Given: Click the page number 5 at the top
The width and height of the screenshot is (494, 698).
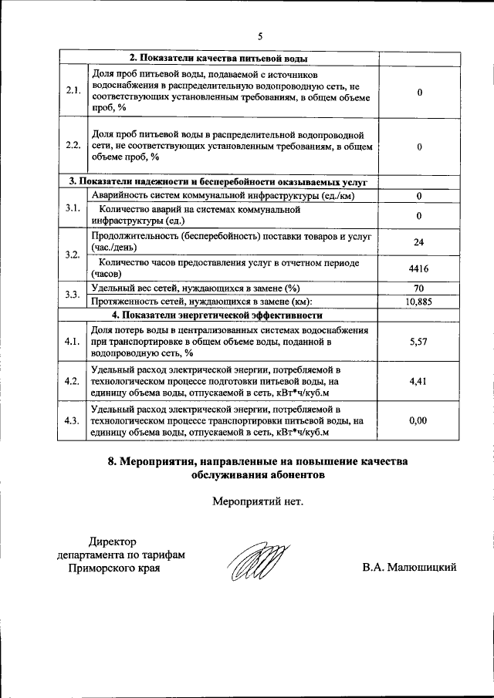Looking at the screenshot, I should (260, 36).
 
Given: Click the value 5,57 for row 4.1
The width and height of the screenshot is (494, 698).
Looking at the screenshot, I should (418, 340).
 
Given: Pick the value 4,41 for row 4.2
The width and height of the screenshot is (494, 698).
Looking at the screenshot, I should (418, 380).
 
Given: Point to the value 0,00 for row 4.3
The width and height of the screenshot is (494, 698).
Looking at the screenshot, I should (418, 420).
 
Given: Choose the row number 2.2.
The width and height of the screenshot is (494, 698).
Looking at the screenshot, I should (73, 145).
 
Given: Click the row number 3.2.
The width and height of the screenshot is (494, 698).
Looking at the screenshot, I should (73, 255).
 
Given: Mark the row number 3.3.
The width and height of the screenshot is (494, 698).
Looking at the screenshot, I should (73, 295).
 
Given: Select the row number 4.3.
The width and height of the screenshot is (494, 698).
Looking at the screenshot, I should (73, 420).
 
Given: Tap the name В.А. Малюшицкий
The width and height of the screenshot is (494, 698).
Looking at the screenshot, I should (409, 568).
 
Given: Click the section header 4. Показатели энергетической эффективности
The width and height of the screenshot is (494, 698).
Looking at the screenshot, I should (217, 315).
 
